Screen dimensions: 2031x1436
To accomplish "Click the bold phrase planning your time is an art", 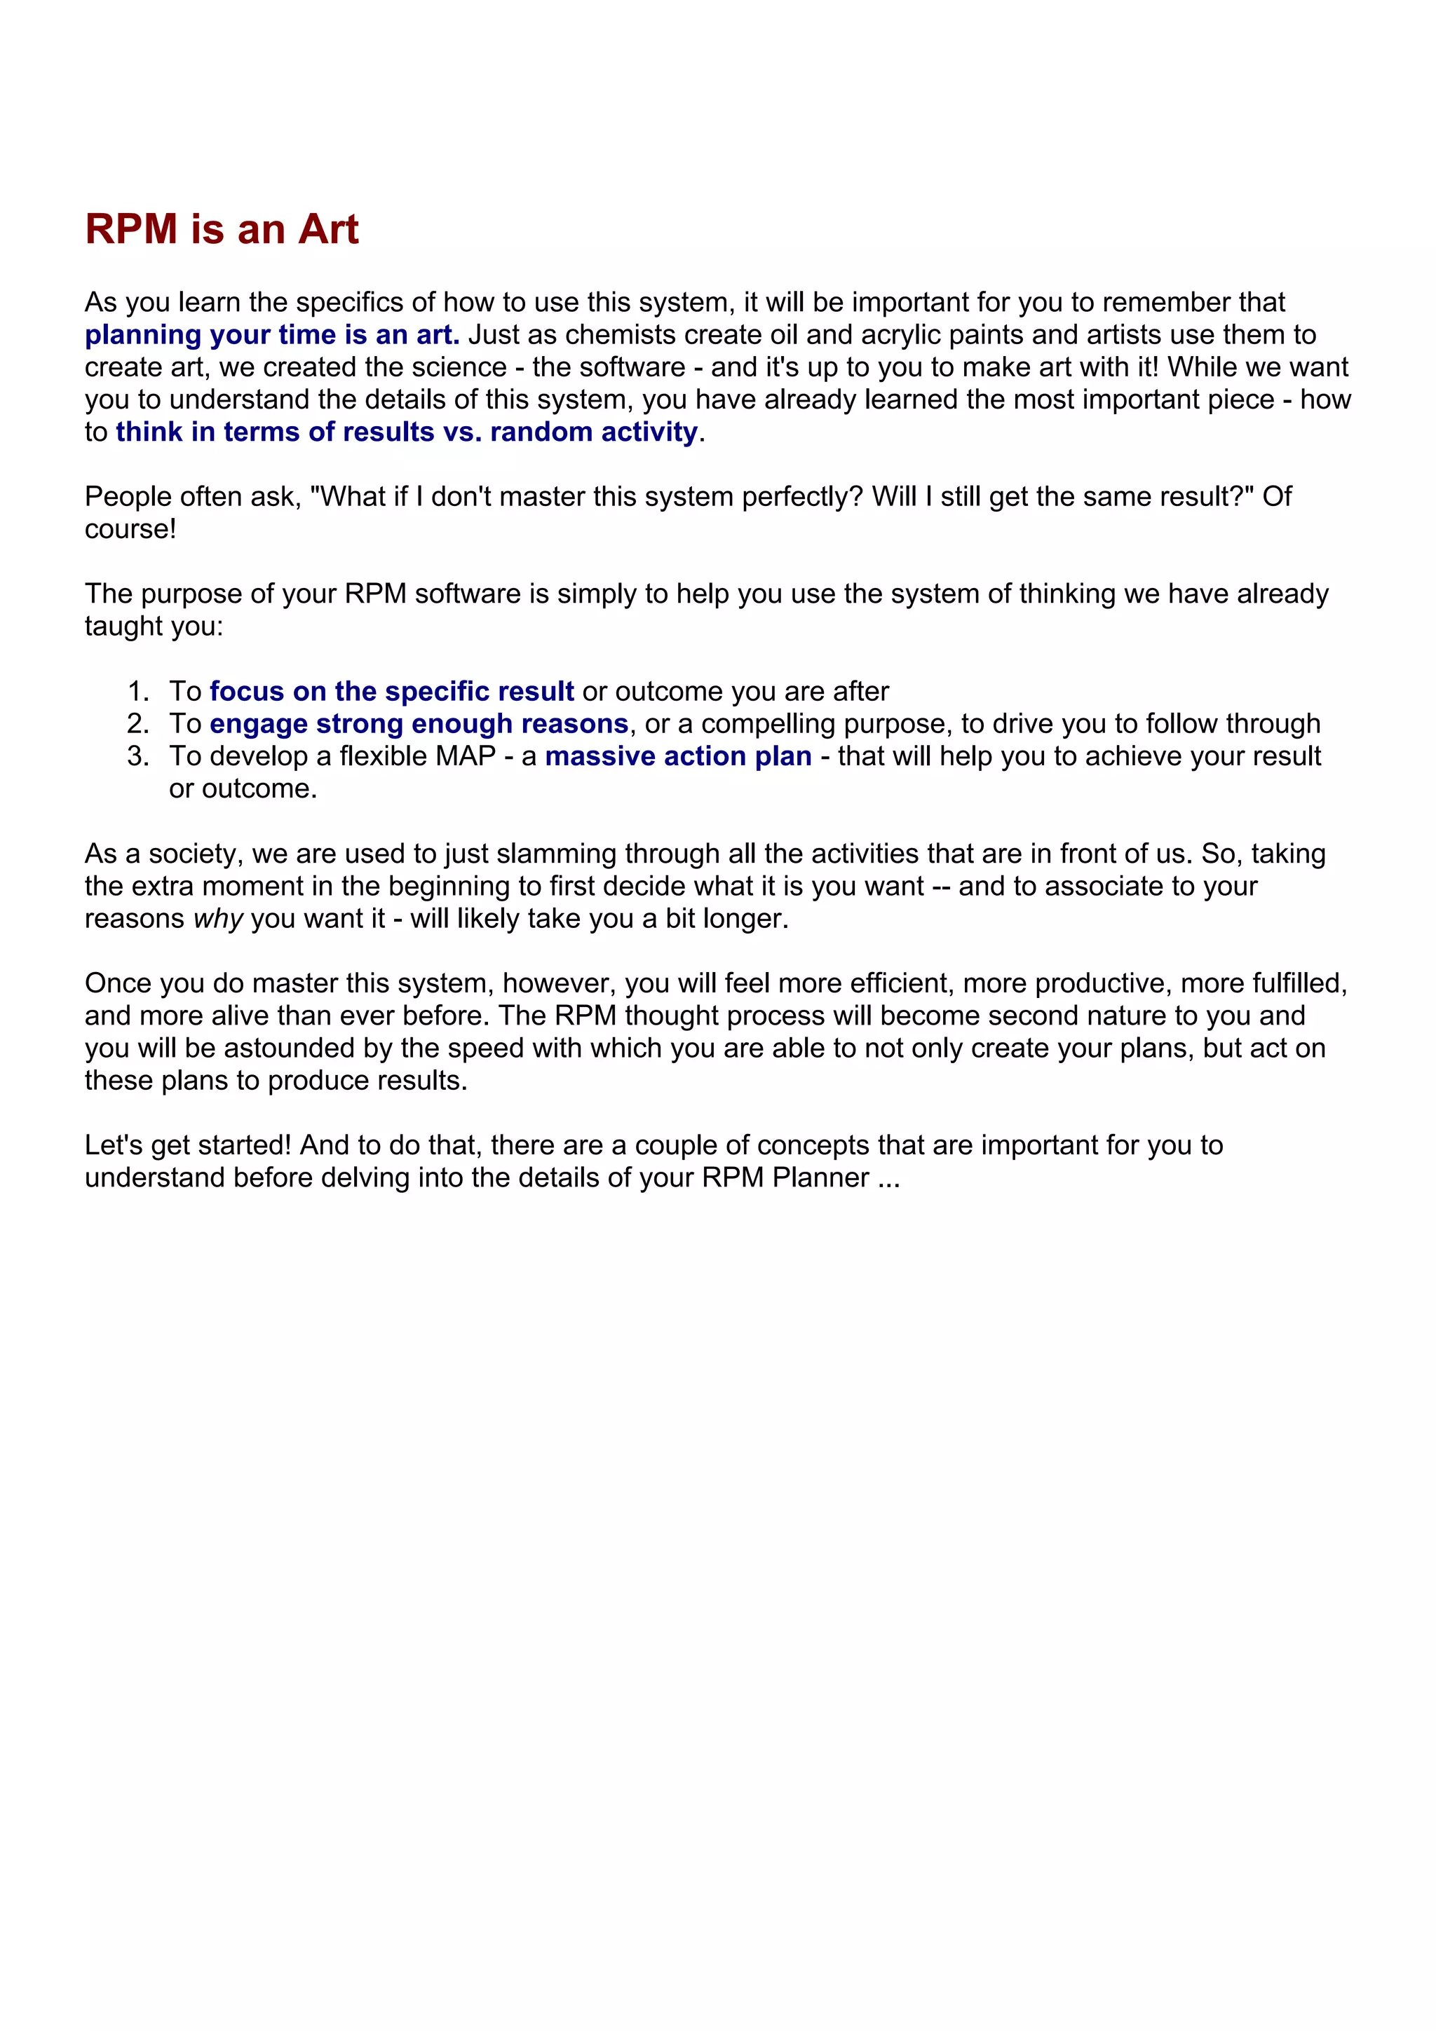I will (x=271, y=334).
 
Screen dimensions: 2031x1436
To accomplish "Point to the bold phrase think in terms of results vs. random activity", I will (x=406, y=432).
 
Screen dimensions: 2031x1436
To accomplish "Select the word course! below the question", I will (x=130, y=529).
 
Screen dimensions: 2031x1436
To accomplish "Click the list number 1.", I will (x=137, y=691).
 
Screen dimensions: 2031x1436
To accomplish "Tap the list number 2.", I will (x=137, y=723).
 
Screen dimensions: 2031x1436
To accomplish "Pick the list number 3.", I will (x=137, y=756).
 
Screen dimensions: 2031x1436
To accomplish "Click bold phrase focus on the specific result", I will (x=391, y=691).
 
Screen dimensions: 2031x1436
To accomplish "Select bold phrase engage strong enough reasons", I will (x=419, y=723).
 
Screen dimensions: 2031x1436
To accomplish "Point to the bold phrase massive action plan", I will (x=678, y=756).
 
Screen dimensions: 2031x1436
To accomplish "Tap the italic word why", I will (x=217, y=918).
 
